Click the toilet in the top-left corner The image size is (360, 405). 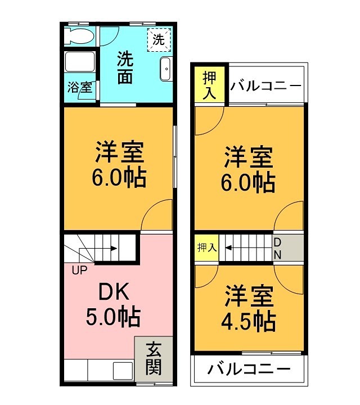pos(79,37)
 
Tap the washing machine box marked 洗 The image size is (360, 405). pos(159,39)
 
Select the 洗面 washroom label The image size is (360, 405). pos(125,67)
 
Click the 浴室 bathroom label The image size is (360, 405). pos(79,88)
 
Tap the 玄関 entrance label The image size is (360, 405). pos(154,358)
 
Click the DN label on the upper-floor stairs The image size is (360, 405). pos(277,248)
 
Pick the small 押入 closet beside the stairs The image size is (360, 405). pos(206,247)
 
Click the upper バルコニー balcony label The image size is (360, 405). pos(266,86)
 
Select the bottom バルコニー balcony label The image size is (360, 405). pos(249,370)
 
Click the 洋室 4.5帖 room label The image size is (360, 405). pos(249,309)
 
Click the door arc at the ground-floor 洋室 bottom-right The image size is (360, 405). pos(158,215)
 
